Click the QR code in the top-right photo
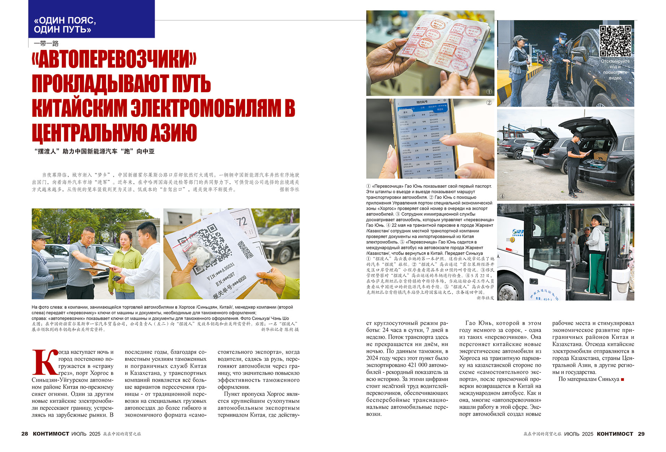615,41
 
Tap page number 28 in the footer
25,434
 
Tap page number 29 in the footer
641,434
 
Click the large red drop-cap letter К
45,362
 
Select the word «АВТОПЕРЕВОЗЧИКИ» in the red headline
114,60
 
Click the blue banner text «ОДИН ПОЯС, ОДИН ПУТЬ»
65,25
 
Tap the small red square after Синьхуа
622,379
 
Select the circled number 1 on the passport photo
489,92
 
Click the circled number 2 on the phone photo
489,103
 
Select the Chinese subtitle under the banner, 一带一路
46,44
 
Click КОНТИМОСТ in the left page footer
51,434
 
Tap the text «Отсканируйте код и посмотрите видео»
615,69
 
